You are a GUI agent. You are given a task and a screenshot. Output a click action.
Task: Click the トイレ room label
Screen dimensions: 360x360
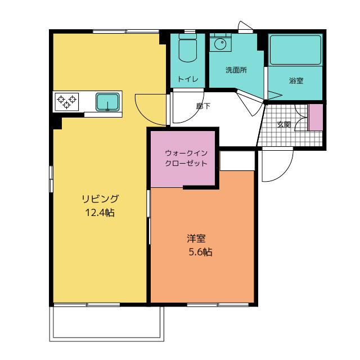pyautogui.click(x=188, y=79)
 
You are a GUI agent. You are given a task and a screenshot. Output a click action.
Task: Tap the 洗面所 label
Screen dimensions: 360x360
pyautogui.click(x=236, y=70)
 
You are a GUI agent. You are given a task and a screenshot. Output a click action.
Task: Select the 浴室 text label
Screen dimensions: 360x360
pyautogui.click(x=296, y=80)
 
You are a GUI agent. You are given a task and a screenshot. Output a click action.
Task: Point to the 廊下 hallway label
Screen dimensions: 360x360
pyautogui.click(x=203, y=106)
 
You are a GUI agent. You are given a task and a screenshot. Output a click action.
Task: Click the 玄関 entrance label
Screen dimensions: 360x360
pyautogui.click(x=284, y=124)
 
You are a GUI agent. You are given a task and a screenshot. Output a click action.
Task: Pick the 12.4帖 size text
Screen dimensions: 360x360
pyautogui.click(x=100, y=213)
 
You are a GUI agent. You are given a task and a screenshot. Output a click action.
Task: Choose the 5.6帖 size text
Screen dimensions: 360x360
pyautogui.click(x=200, y=252)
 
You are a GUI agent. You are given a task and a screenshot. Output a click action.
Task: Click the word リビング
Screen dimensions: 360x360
pyautogui.click(x=100, y=199)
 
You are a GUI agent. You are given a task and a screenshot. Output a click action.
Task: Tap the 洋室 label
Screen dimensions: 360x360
pyautogui.click(x=196, y=238)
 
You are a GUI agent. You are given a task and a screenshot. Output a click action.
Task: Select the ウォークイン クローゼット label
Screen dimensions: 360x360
pyautogui.click(x=186, y=158)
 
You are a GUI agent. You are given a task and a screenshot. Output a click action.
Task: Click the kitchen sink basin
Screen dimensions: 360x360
pyautogui.click(x=107, y=102)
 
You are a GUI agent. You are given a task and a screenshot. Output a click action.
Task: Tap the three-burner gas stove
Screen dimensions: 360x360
pyautogui.click(x=67, y=102)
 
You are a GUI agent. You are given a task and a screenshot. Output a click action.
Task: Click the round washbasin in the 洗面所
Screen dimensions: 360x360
pyautogui.click(x=220, y=43)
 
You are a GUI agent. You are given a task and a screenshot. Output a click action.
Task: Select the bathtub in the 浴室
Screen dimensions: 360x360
pyautogui.click(x=295, y=50)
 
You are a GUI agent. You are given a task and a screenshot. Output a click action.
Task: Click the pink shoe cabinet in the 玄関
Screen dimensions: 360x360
pyautogui.click(x=316, y=118)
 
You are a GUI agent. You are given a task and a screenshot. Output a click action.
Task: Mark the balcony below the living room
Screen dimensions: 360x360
pyautogui.click(x=107, y=324)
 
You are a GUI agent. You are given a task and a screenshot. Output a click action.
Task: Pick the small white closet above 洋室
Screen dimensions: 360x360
pyautogui.click(x=237, y=161)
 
